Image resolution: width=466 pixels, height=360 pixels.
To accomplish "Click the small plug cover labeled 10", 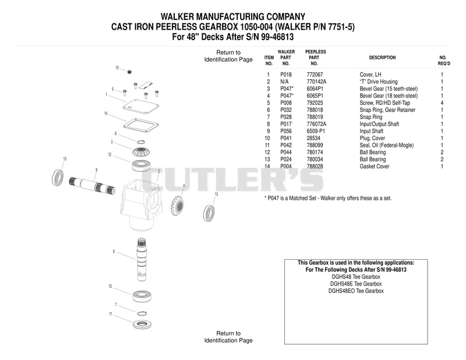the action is pyautogui.click(x=129, y=72).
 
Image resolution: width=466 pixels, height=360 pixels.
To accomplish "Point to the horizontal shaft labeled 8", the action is pyautogui.click(x=92, y=185).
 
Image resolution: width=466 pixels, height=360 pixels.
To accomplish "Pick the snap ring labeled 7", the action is pyautogui.click(x=142, y=313).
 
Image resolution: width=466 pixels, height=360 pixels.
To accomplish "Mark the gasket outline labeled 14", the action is pyautogui.click(x=140, y=125).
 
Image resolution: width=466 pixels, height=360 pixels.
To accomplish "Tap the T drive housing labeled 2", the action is pyautogui.click(x=142, y=205).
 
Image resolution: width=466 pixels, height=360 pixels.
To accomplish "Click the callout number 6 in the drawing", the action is pyautogui.click(x=115, y=134).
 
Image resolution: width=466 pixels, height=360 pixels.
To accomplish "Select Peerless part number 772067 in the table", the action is pyautogui.click(x=315, y=75).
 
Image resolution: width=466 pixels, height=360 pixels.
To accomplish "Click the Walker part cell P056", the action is pyautogui.click(x=286, y=131).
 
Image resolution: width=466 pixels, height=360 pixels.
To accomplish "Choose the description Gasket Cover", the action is pyautogui.click(x=375, y=167).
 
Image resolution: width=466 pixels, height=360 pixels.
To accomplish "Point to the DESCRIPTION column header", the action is pyautogui.click(x=382, y=58).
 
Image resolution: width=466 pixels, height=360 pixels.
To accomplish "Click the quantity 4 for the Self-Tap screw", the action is pyautogui.click(x=442, y=103).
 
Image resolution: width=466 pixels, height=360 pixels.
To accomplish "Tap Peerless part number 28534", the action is pyautogui.click(x=313, y=138).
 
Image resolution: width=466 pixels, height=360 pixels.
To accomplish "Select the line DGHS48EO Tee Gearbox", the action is pyautogui.click(x=356, y=291).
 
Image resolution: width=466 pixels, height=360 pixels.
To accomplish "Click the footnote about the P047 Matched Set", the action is pyautogui.click(x=328, y=198).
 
